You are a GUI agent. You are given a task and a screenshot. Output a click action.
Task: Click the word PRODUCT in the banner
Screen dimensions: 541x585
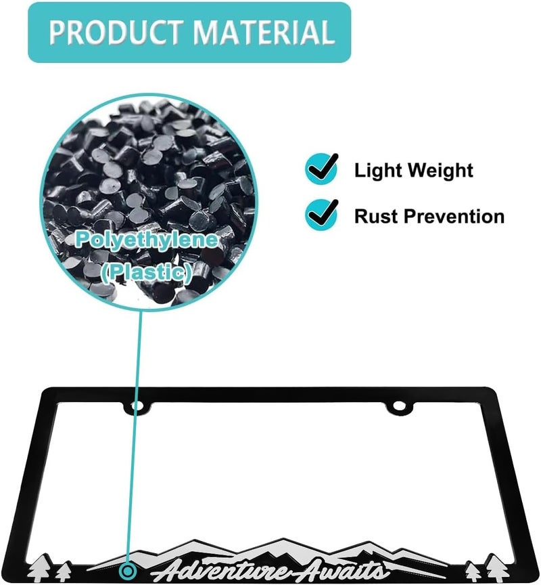(116, 32)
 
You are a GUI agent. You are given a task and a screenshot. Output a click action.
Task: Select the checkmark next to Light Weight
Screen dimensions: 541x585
(321, 169)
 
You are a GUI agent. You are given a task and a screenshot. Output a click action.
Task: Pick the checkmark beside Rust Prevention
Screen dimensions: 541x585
(321, 215)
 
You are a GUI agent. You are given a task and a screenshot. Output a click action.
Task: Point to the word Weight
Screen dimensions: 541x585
(440, 171)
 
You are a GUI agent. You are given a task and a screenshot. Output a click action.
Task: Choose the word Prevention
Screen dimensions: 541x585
(454, 216)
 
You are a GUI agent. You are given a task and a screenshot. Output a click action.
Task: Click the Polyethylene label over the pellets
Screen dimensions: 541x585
(147, 240)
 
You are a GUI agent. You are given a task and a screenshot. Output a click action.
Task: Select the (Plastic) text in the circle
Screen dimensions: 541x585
(147, 272)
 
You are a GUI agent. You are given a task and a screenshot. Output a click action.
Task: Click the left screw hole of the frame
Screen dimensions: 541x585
(138, 405)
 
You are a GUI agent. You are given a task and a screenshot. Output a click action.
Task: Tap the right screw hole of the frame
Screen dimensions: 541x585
(399, 405)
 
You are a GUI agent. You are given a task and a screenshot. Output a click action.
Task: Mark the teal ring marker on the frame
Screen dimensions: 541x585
(128, 571)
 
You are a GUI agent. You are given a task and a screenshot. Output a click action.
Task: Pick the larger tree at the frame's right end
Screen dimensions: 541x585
(497, 567)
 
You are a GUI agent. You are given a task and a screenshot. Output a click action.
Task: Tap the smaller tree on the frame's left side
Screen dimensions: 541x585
(64, 572)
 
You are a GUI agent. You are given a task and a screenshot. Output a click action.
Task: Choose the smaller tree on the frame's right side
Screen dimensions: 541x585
(473, 572)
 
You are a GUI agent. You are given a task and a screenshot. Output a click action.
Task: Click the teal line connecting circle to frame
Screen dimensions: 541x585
(135, 437)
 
